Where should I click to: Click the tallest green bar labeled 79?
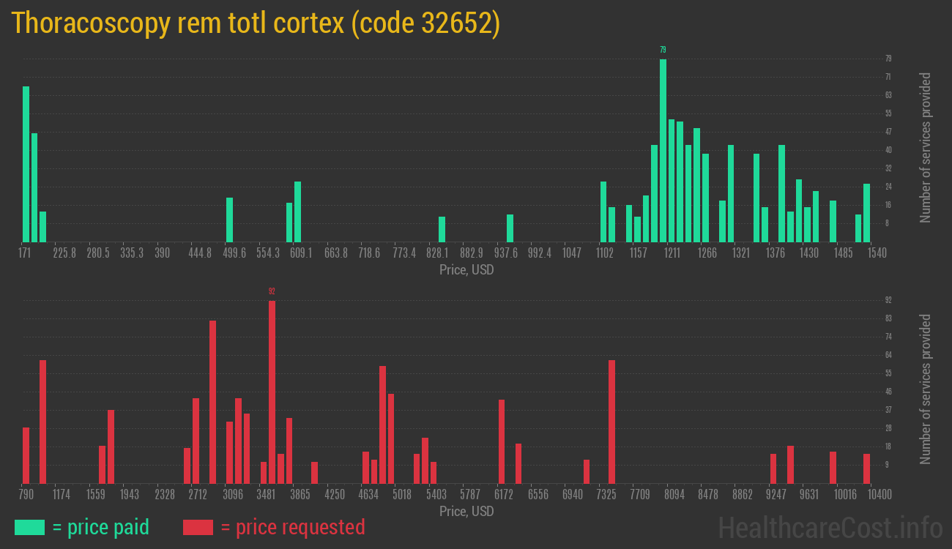(x=663, y=150)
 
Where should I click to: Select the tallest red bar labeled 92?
(x=272, y=392)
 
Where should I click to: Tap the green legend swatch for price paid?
(x=29, y=527)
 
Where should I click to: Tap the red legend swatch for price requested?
(x=198, y=527)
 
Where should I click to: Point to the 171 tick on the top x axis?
(x=25, y=253)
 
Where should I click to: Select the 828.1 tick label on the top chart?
(x=438, y=253)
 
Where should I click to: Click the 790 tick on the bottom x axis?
(x=26, y=495)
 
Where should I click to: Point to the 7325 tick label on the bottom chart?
(x=606, y=495)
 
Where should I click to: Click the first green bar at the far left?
(x=26, y=164)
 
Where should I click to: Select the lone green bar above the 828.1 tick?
(x=442, y=229)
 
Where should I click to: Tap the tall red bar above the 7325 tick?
(x=611, y=422)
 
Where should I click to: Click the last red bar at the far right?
(x=866, y=468)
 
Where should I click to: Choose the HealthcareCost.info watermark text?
(x=830, y=527)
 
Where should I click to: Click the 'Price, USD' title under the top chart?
(x=466, y=270)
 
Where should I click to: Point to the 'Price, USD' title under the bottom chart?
(x=466, y=511)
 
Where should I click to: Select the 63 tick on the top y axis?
(x=888, y=95)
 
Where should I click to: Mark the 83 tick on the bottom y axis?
(x=888, y=318)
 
